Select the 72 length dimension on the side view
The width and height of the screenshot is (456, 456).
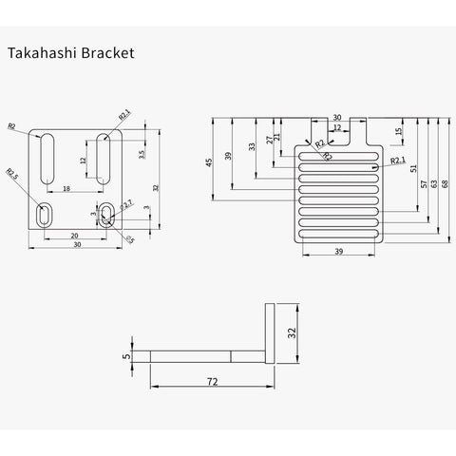213,382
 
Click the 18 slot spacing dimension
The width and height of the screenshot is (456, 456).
66,189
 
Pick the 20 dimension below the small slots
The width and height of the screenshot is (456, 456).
75,236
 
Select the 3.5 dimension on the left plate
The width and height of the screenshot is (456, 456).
142,153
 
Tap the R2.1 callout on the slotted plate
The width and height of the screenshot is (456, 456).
397,161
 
